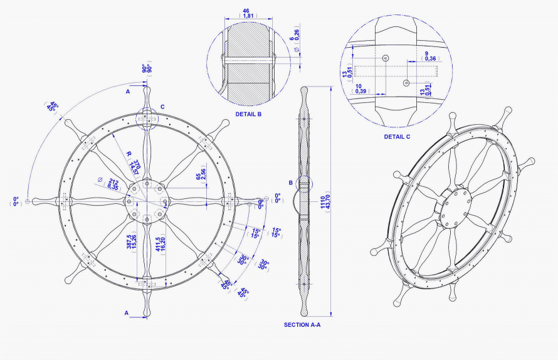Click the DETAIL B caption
(x=249, y=115)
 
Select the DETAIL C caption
(x=397, y=136)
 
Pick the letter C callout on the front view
(x=162, y=107)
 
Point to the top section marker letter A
(x=127, y=92)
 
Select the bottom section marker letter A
(x=127, y=312)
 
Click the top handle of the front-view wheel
(x=146, y=94)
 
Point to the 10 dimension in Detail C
(x=360, y=88)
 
